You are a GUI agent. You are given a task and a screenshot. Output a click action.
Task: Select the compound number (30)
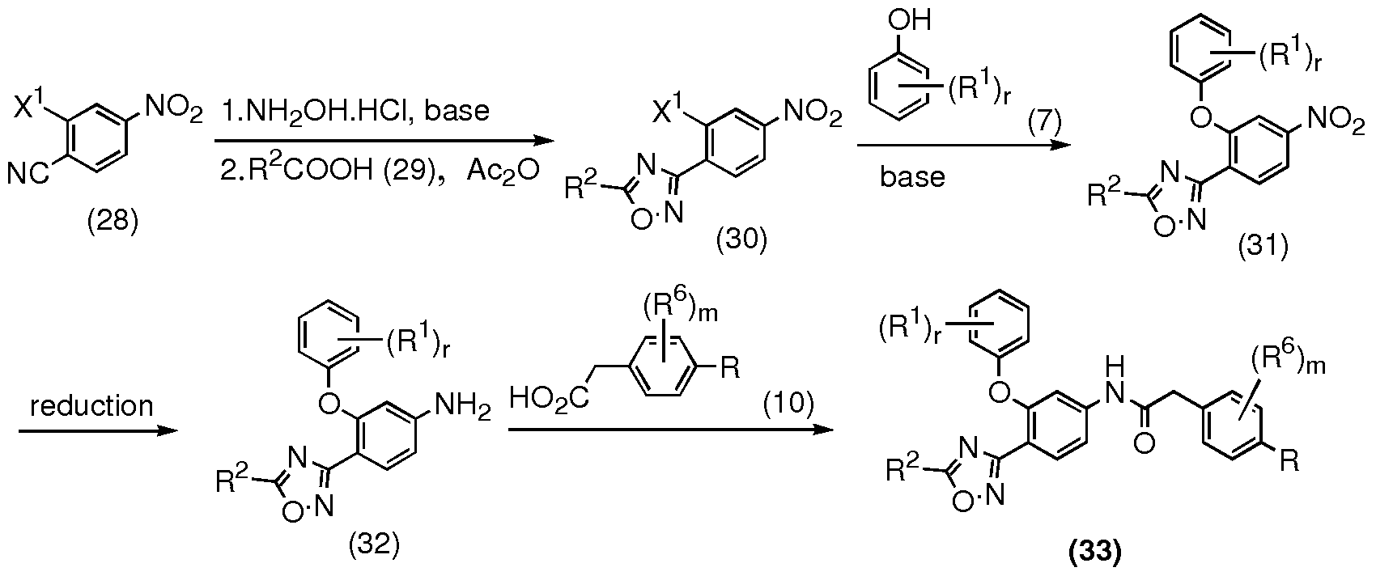pyautogui.click(x=741, y=239)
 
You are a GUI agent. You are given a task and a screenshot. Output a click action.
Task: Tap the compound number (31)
pyautogui.click(x=1263, y=246)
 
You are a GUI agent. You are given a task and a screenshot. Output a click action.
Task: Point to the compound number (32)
pyautogui.click(x=374, y=544)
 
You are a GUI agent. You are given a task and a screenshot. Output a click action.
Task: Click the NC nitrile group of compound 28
pyautogui.click(x=28, y=174)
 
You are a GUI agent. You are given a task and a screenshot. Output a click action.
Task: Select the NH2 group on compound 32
pyautogui.click(x=462, y=406)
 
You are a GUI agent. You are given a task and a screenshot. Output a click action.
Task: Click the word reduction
pyautogui.click(x=91, y=406)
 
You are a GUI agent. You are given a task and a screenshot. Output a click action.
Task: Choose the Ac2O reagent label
pyautogui.click(x=503, y=171)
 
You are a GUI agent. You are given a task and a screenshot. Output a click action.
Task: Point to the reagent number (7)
pyautogui.click(x=1045, y=124)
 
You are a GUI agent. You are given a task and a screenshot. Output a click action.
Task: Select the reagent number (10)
pyautogui.click(x=788, y=404)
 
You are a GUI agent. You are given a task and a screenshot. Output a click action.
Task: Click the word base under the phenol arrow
pyautogui.click(x=912, y=177)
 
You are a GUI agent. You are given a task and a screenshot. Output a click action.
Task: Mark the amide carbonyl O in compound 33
pyautogui.click(x=1144, y=443)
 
